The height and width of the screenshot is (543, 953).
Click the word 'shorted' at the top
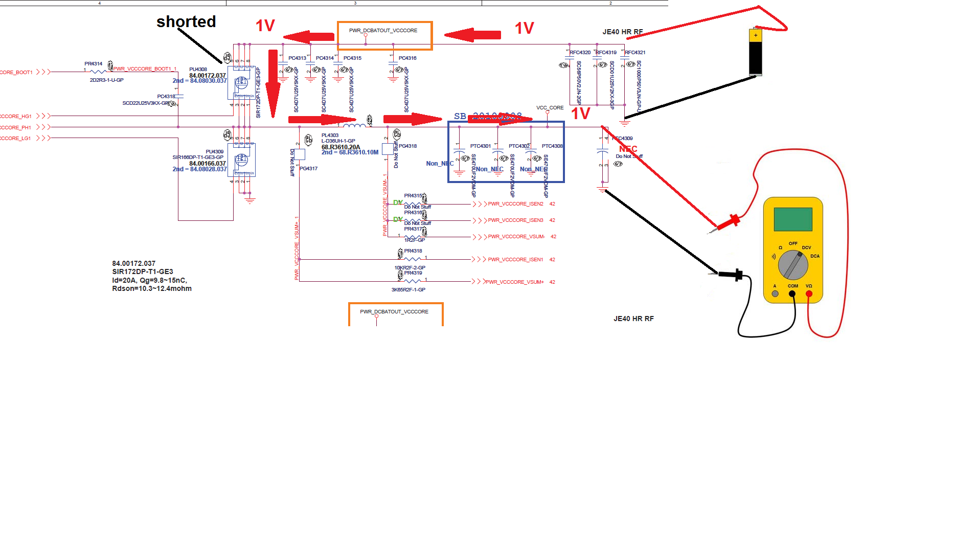186,22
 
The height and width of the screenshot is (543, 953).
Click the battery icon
755,52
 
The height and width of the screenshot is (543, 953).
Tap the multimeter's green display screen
793,219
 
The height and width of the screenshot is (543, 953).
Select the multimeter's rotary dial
793,265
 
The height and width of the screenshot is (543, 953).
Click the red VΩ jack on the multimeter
809,294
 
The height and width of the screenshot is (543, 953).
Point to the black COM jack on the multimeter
792,294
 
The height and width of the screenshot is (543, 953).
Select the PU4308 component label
198,70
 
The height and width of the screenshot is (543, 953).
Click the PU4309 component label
214,152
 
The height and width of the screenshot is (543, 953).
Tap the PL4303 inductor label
330,135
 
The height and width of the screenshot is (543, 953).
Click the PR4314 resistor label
93,64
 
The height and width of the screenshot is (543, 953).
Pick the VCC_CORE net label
550,108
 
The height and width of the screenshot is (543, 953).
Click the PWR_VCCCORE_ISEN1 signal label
515,260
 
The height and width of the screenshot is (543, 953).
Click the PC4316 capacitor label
407,58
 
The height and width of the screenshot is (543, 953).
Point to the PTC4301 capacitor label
480,146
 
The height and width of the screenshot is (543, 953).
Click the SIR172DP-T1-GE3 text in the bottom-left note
143,272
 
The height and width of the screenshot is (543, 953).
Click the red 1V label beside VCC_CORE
580,114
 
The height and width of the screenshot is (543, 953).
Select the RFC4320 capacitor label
580,53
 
